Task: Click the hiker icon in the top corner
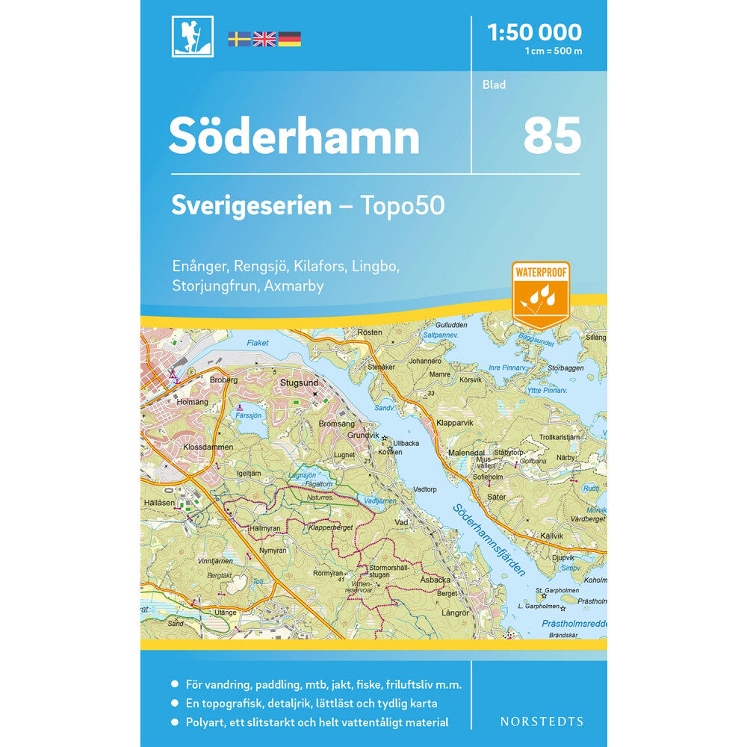[192, 37]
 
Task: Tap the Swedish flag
[239, 39]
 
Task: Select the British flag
[264, 39]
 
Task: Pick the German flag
[290, 39]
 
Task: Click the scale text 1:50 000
[533, 32]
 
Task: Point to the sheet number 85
[552, 136]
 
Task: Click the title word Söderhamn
[294, 137]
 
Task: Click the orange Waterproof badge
[541, 295]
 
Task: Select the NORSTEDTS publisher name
[542, 722]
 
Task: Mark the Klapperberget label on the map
[329, 527]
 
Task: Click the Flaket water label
[256, 344]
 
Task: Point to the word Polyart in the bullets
[212, 722]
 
